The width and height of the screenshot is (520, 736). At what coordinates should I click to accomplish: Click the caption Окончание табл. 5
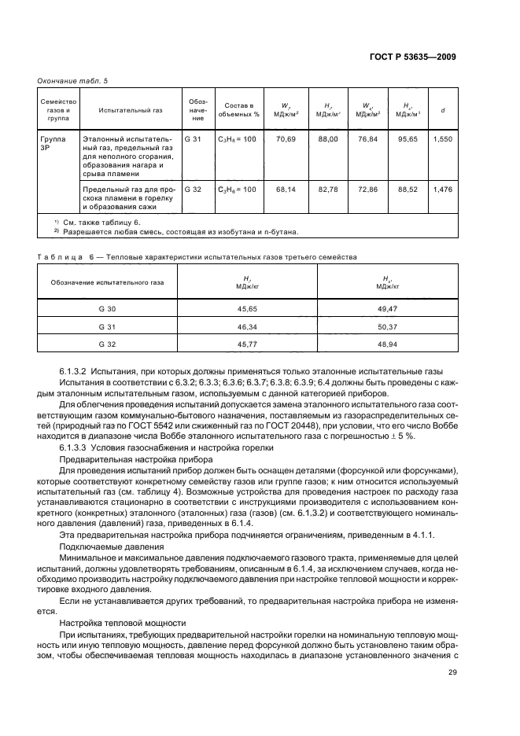point(72,81)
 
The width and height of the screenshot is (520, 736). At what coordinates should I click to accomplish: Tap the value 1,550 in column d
point(442,138)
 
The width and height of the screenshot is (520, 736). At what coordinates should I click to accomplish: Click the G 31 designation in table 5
point(193,138)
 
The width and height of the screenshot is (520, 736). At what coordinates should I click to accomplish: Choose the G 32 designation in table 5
point(193,189)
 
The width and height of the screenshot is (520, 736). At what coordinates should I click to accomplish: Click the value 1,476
point(442,189)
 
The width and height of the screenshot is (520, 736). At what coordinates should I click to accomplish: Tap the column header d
point(443,111)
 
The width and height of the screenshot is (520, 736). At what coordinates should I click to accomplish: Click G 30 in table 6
point(107,308)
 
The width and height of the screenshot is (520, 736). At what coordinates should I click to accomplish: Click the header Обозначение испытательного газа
point(107,282)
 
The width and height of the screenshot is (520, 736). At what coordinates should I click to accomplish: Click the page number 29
point(452,672)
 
